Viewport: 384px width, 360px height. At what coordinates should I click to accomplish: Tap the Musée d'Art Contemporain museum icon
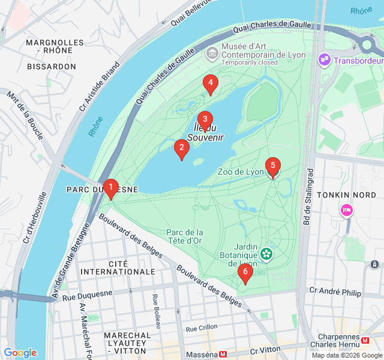[212, 54]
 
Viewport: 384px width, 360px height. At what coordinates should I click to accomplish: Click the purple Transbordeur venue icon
[325, 60]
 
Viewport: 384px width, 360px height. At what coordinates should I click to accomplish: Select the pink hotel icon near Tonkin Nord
[346, 210]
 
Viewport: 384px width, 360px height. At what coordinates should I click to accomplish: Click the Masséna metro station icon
[223, 355]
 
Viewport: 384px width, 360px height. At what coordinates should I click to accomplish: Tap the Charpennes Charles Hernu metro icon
[365, 340]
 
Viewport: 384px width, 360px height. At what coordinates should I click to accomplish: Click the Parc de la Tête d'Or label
[185, 236]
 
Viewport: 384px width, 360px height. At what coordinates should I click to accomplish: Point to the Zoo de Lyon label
[241, 172]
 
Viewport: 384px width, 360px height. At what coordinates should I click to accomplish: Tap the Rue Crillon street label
[202, 328]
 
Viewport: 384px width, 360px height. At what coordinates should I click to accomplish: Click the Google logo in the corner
[20, 353]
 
